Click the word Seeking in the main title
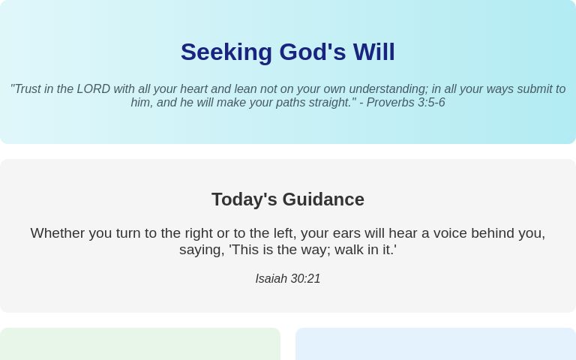[x=226, y=52]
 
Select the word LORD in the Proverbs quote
[x=94, y=89]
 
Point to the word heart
[x=193, y=89]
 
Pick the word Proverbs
[x=391, y=103]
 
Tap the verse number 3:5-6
[x=431, y=103]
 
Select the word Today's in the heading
[x=244, y=199]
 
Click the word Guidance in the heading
[x=323, y=199]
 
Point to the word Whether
[x=55, y=233]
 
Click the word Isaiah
[x=271, y=279]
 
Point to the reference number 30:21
[x=305, y=279]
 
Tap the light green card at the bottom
[x=140, y=344]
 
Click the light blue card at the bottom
[x=436, y=344]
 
